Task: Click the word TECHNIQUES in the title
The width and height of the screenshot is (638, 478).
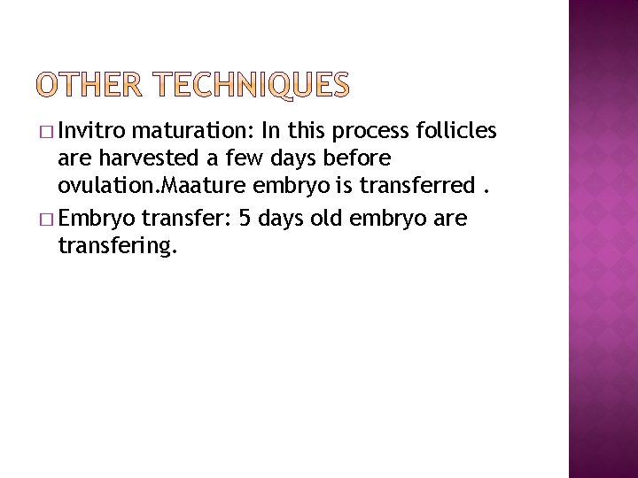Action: tap(253, 85)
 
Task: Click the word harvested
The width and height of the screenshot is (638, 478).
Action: tap(147, 160)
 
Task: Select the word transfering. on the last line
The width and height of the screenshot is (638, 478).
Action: tap(118, 245)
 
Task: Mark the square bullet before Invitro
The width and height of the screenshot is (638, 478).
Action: tap(46, 133)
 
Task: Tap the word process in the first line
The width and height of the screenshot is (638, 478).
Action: tap(370, 132)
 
